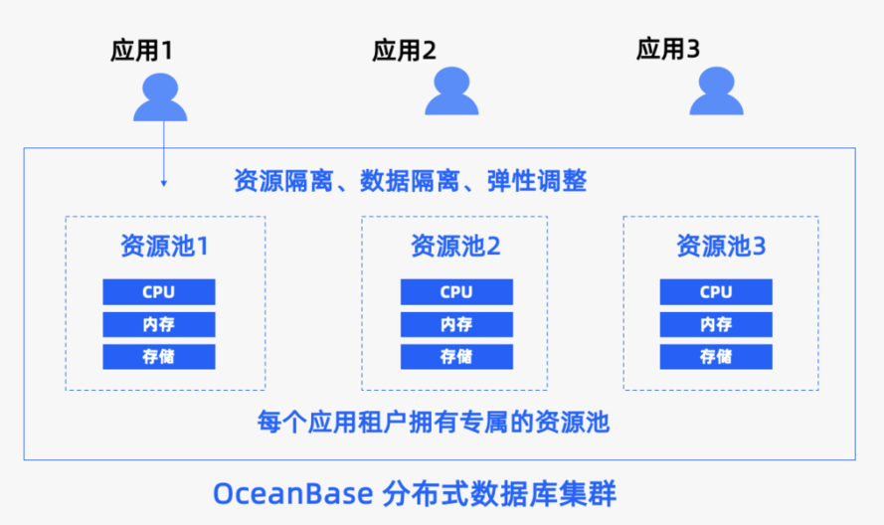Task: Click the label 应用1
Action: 141,50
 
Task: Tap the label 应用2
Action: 404,50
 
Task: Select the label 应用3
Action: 668,49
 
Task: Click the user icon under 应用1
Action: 160,97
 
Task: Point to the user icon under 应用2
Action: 451,90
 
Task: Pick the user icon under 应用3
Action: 717,90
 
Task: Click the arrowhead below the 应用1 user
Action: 164,183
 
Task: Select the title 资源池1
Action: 164,246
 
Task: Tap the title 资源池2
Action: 455,246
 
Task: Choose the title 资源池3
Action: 721,246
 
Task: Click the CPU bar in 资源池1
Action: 159,292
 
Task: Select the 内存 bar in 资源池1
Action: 159,324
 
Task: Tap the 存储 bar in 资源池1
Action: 159,356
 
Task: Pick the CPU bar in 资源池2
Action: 456,292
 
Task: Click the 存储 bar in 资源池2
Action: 456,356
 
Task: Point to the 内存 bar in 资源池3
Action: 716,324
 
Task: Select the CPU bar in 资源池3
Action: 716,292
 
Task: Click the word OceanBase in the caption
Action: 292,493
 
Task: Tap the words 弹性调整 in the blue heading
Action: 537,181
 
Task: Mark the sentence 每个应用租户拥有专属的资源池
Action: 433,422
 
